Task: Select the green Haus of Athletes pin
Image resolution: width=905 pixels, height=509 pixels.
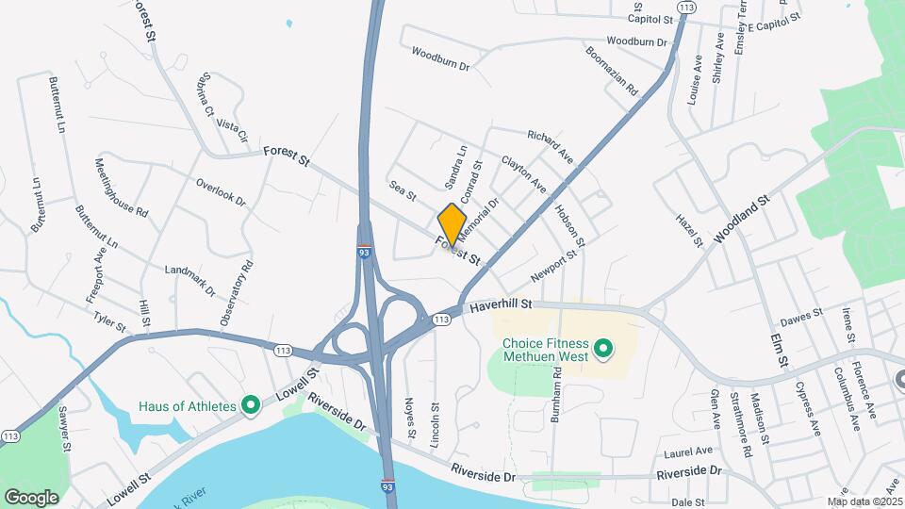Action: [251, 406]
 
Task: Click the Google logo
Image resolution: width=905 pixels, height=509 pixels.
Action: [32, 497]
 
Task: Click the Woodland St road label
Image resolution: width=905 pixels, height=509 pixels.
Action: [743, 220]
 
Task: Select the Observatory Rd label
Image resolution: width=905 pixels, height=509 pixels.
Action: [238, 293]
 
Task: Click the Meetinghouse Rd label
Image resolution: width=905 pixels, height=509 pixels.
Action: [121, 189]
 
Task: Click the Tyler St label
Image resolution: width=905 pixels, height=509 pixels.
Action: [110, 320]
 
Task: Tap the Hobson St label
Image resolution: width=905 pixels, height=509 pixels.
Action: [570, 222]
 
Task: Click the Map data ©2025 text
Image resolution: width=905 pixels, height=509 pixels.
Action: [864, 501]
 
